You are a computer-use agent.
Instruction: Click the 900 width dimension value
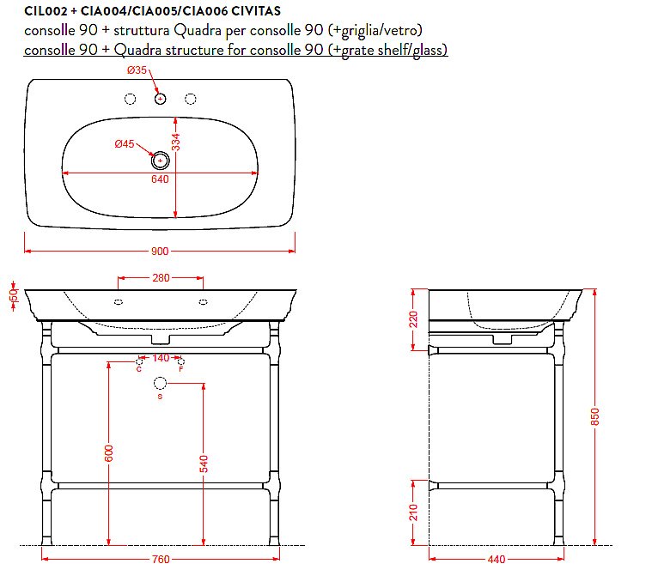(x=160, y=251)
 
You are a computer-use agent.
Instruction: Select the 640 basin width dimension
(x=160, y=179)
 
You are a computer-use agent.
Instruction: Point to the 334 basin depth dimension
(x=176, y=142)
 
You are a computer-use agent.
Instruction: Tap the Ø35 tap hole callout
(x=137, y=70)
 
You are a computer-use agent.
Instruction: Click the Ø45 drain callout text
(x=125, y=144)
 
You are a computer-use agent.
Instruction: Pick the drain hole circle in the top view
(x=160, y=161)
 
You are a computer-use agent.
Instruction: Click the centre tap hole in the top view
(x=160, y=99)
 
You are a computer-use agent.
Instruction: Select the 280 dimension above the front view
(x=161, y=277)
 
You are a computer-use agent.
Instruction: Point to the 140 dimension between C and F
(x=161, y=358)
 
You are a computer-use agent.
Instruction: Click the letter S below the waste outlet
(x=160, y=397)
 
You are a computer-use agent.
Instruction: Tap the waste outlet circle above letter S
(x=160, y=383)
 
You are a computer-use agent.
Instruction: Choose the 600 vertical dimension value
(x=108, y=453)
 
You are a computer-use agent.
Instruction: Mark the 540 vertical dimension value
(x=204, y=464)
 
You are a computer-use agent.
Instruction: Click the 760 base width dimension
(x=161, y=560)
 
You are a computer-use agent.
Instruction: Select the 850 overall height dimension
(x=595, y=416)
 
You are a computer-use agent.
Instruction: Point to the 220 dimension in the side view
(x=413, y=319)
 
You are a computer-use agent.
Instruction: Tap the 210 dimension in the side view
(x=413, y=512)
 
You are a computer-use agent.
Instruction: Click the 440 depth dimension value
(x=497, y=560)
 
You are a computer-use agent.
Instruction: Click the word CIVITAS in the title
(x=256, y=11)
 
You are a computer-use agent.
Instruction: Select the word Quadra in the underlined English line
(x=137, y=50)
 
